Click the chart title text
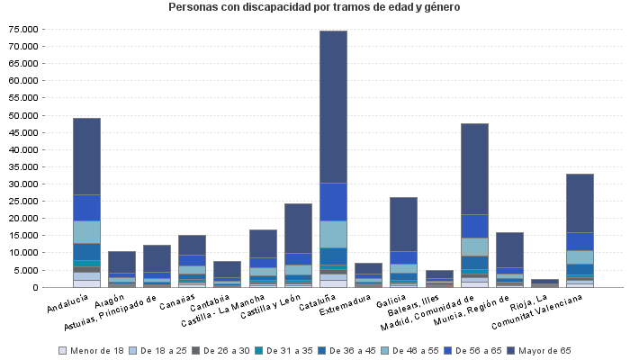(x=314, y=8)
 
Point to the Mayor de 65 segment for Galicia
(x=403, y=224)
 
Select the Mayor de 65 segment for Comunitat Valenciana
(x=580, y=203)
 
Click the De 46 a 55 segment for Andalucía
(x=86, y=232)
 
